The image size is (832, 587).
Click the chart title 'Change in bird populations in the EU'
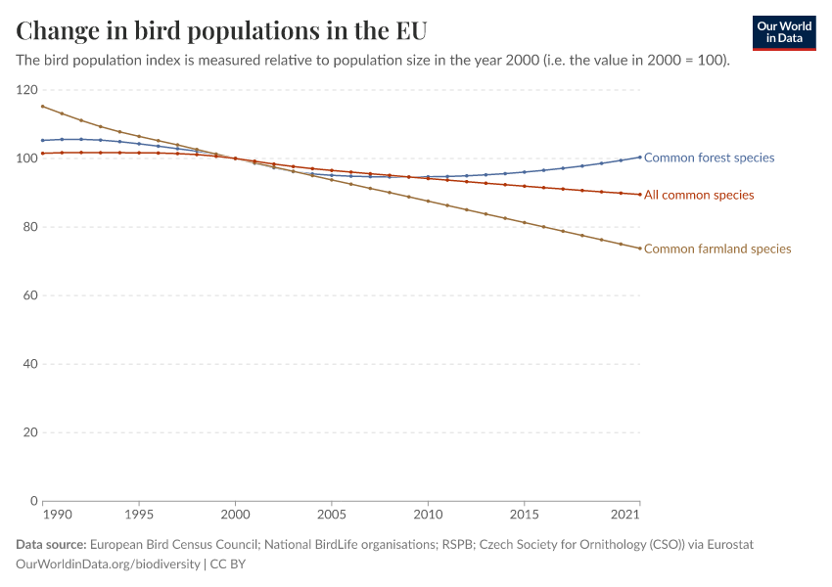(x=221, y=29)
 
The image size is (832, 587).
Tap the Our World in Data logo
(x=784, y=32)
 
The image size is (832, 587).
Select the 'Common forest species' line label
(x=709, y=158)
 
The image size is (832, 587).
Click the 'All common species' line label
(x=699, y=195)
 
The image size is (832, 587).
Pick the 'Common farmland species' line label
(x=717, y=248)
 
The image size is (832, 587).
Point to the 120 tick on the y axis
(x=26, y=90)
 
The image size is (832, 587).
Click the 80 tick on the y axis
(x=26, y=227)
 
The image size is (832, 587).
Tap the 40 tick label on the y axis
(x=26, y=364)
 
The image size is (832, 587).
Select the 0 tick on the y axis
(x=32, y=501)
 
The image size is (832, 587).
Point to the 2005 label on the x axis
(x=332, y=515)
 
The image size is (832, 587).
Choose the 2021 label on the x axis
(x=626, y=515)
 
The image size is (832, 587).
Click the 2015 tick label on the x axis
(x=525, y=515)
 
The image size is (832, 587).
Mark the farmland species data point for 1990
(x=43, y=107)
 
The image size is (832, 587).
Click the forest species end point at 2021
(x=640, y=157)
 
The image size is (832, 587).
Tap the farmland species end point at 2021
(x=640, y=248)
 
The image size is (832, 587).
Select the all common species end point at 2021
(x=640, y=195)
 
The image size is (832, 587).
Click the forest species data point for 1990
(x=43, y=140)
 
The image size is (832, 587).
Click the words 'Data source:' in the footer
(x=51, y=544)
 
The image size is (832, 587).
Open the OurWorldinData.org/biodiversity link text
(x=108, y=564)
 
